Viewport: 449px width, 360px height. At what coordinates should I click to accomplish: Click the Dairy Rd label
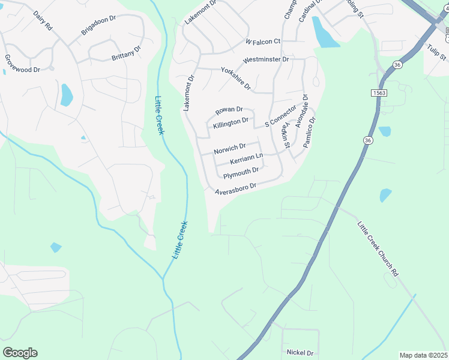tap(43, 21)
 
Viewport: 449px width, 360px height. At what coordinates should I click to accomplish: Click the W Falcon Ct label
tap(263, 41)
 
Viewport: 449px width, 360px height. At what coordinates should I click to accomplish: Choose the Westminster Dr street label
tap(266, 60)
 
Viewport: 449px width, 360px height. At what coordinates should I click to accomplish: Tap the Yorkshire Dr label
tap(235, 79)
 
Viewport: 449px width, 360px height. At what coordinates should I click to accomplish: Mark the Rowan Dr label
tap(229, 110)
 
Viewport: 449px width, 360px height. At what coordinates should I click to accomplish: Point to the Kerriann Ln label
tap(247, 159)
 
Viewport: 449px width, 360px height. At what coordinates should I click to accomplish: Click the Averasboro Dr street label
tap(236, 187)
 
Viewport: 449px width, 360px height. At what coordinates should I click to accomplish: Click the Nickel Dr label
tap(300, 353)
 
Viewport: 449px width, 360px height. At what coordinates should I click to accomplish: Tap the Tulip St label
tap(436, 52)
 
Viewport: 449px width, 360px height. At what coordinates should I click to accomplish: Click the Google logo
tap(20, 353)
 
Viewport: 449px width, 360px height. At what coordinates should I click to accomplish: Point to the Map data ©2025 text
tap(423, 355)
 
